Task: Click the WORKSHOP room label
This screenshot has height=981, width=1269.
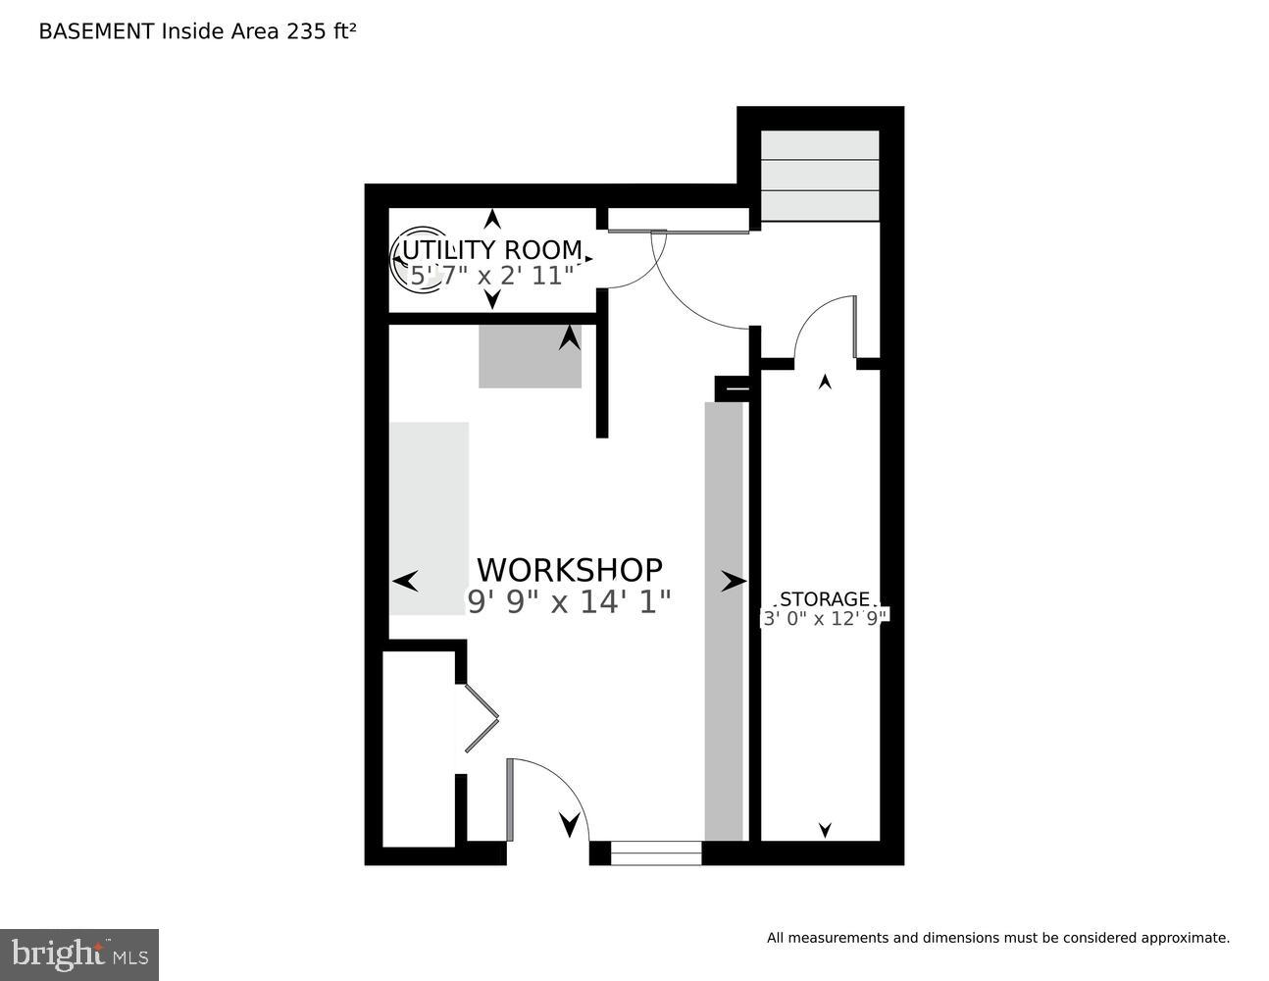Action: click(x=569, y=570)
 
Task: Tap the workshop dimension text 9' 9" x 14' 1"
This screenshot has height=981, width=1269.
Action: click(x=569, y=601)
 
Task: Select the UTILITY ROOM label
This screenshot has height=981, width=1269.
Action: click(x=491, y=250)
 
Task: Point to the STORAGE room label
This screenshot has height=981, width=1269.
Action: click(x=824, y=599)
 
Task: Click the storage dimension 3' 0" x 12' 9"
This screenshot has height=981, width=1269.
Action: click(x=825, y=618)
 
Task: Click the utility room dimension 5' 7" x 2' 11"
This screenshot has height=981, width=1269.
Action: click(x=491, y=276)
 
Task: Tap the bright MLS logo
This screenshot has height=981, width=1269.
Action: click(x=79, y=954)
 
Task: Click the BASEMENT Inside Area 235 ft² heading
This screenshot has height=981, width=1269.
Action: click(x=197, y=31)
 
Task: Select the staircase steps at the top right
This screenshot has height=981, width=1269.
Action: click(x=820, y=176)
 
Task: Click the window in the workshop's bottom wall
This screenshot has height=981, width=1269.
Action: click(x=655, y=853)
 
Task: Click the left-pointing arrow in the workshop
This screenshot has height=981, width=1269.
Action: click(x=405, y=582)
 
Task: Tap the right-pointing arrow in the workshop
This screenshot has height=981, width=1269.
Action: click(x=734, y=583)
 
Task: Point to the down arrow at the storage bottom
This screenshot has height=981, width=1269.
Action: click(x=825, y=830)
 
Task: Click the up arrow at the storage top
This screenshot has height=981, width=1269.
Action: click(x=825, y=382)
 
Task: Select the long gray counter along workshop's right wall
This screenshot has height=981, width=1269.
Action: click(x=724, y=620)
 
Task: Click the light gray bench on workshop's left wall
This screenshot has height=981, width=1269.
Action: click(x=429, y=518)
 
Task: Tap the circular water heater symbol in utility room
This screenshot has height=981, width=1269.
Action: click(x=417, y=260)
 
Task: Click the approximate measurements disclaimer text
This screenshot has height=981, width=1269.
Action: click(x=997, y=938)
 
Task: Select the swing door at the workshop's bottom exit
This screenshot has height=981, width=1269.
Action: click(x=544, y=795)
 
